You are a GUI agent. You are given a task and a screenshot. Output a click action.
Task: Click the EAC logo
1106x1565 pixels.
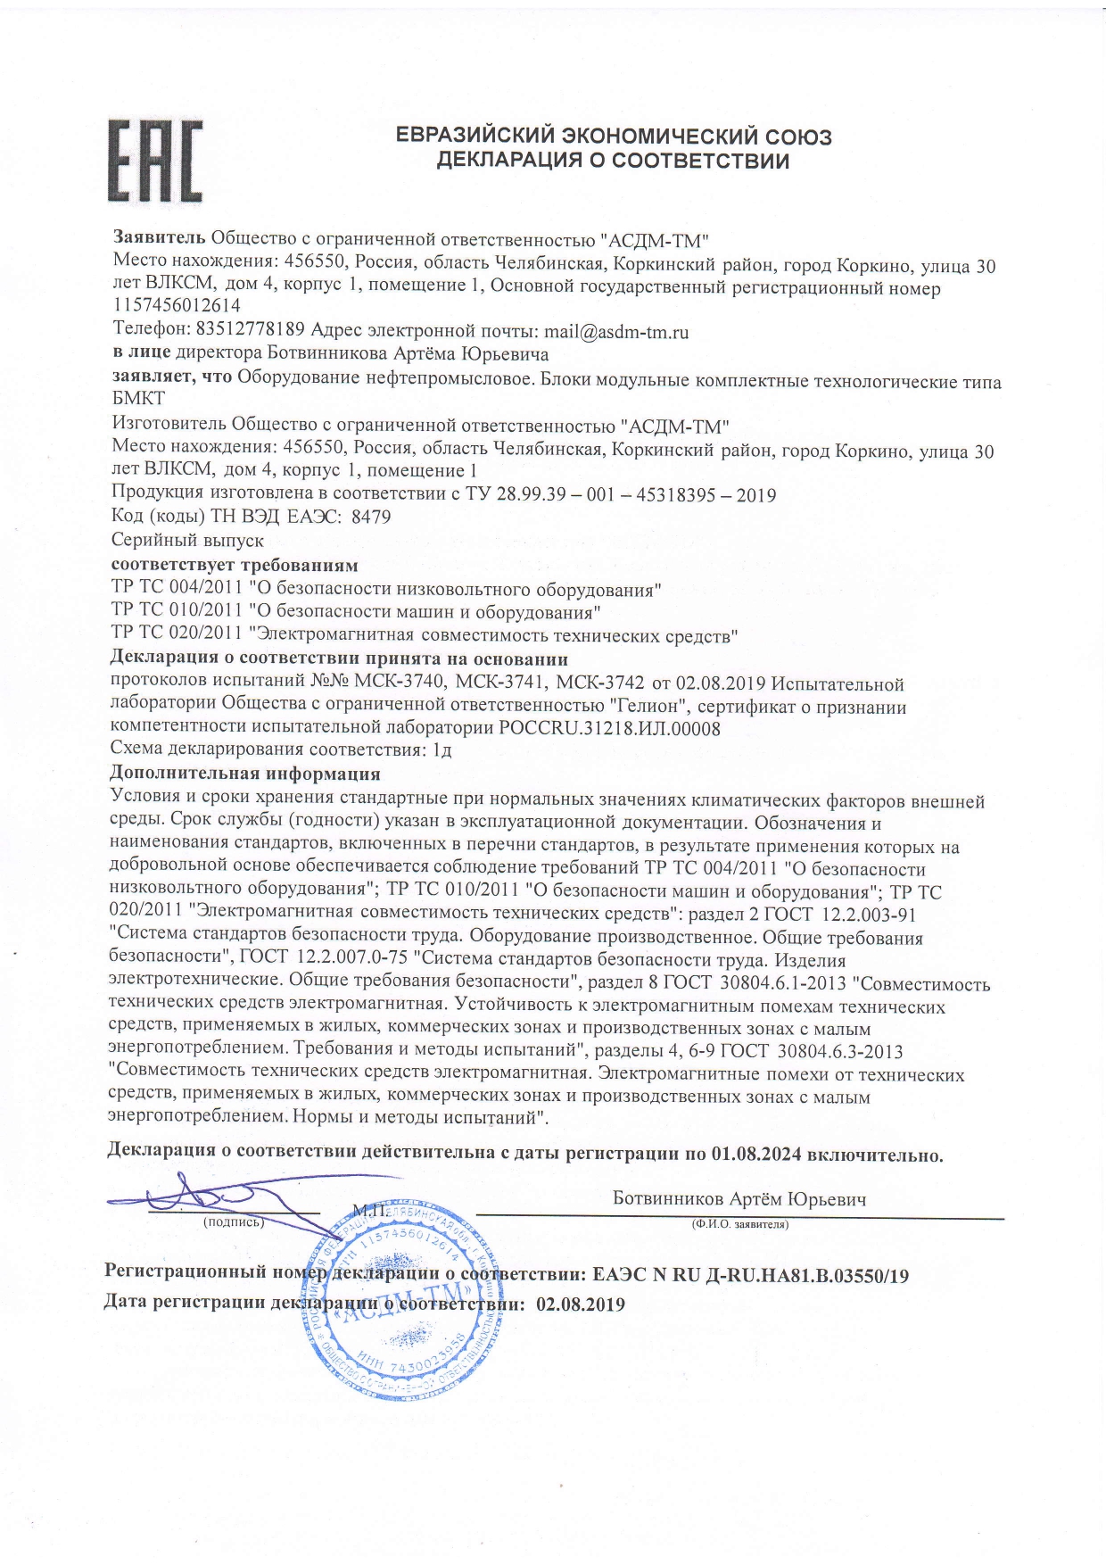(x=155, y=161)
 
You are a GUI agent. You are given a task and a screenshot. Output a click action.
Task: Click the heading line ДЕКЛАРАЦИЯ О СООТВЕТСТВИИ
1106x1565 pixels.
(x=613, y=161)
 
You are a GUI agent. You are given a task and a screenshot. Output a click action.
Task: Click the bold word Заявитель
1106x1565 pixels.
(x=159, y=238)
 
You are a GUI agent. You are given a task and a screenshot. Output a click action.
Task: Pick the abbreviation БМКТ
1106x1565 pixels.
(x=138, y=399)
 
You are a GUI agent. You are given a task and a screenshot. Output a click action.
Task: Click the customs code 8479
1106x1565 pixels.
(x=371, y=517)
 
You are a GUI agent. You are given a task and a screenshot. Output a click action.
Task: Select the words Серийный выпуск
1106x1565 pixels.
(x=187, y=541)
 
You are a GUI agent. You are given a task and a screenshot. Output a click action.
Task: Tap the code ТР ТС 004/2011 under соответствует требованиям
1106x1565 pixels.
(x=177, y=590)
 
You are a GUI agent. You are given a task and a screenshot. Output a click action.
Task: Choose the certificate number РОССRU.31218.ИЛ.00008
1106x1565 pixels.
(x=610, y=728)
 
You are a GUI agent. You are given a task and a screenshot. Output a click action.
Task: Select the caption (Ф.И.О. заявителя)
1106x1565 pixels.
(x=739, y=1225)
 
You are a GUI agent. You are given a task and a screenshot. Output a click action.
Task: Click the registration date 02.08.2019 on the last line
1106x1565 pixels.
(x=581, y=1304)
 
